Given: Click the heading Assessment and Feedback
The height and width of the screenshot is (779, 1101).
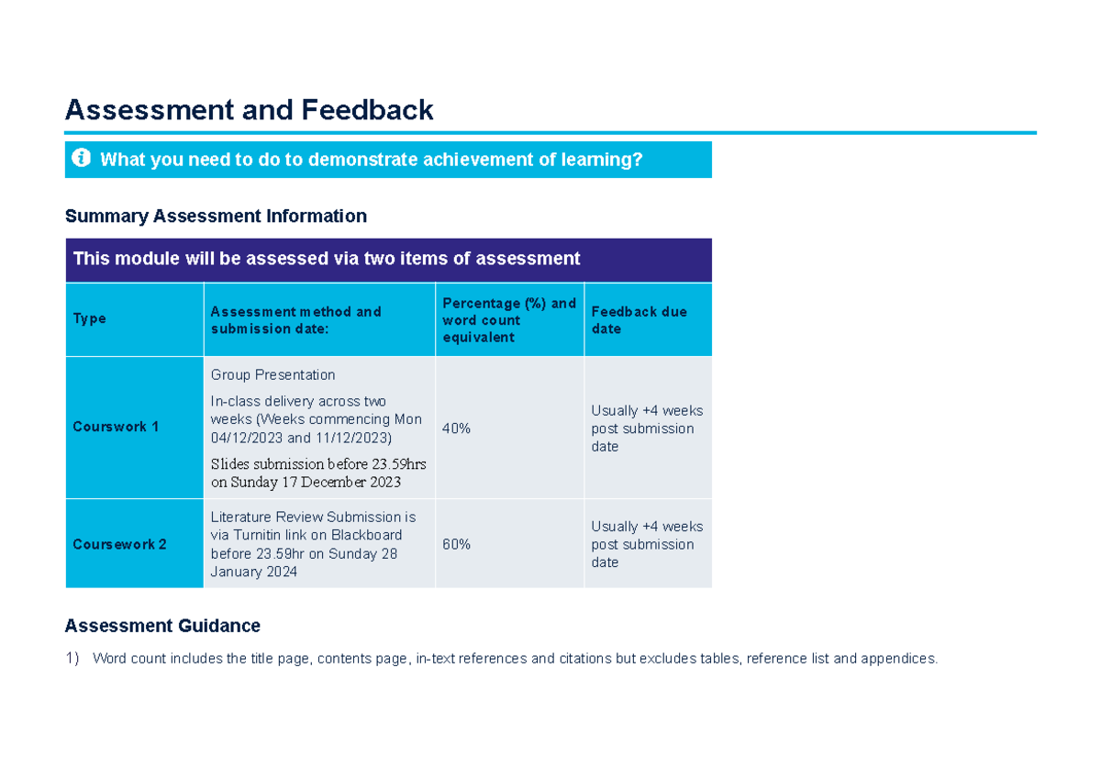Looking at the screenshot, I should pyautogui.click(x=249, y=110).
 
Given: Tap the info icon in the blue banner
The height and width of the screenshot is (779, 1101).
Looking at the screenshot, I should pyautogui.click(x=81, y=159).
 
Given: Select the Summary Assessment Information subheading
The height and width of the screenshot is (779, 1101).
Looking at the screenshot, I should pyautogui.click(x=216, y=216).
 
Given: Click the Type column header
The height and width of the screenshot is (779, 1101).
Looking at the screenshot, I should pyautogui.click(x=90, y=318).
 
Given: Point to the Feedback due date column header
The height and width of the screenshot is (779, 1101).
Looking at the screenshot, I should pyautogui.click(x=639, y=319).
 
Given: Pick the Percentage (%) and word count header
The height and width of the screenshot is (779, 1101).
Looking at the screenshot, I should pyautogui.click(x=508, y=319).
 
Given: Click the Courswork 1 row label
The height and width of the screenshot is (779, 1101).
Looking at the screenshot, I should pyautogui.click(x=116, y=427).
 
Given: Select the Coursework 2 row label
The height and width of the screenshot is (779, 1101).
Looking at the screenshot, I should pyautogui.click(x=119, y=544).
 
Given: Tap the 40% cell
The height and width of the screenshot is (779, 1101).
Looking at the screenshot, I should pyautogui.click(x=457, y=428).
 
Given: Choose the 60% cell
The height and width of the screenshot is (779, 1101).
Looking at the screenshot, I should pyautogui.click(x=457, y=544).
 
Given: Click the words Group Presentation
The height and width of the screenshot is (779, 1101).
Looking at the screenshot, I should pyautogui.click(x=272, y=374).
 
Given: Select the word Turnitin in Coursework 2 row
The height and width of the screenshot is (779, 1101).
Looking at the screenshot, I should pyautogui.click(x=256, y=535).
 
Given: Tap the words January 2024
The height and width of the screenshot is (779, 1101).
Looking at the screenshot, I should pyautogui.click(x=254, y=572).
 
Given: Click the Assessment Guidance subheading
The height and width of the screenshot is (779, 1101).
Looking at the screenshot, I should pyautogui.click(x=162, y=626).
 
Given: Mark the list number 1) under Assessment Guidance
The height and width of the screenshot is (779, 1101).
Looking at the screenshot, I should pyautogui.click(x=72, y=658).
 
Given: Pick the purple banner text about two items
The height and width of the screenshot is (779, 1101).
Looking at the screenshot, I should pyautogui.click(x=327, y=259).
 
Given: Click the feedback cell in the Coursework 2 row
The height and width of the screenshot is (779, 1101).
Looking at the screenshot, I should pyautogui.click(x=646, y=544).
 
